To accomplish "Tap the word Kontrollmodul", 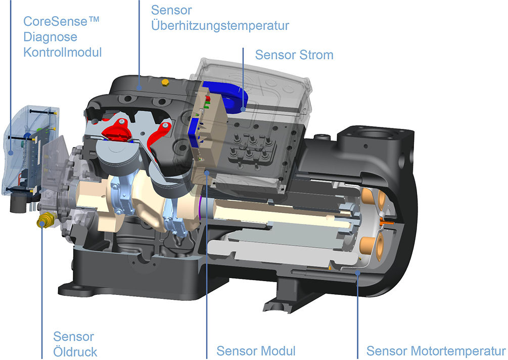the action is [63, 52].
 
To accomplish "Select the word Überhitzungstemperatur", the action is [220, 26].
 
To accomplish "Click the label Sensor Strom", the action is [294, 55].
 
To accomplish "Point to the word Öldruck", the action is [75, 351].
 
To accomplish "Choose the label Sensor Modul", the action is [256, 351].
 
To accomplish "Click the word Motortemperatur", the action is [458, 351].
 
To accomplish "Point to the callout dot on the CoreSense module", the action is [11, 152].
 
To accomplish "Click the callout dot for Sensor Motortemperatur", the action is [358, 273].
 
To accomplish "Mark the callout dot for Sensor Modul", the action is [207, 173].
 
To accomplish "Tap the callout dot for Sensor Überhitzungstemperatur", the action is [139, 87].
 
